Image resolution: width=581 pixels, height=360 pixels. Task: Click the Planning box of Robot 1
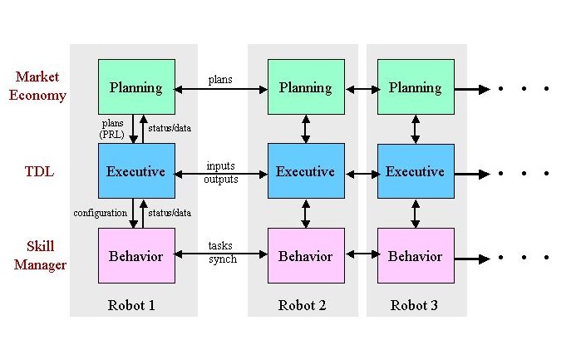tap(136, 87)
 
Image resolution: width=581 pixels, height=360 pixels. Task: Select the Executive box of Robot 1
tap(136, 171)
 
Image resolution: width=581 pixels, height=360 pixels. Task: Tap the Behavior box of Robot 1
tap(136, 255)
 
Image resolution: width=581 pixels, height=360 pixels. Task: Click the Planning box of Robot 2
tap(305, 87)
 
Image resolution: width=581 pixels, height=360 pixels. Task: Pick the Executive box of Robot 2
tap(305, 171)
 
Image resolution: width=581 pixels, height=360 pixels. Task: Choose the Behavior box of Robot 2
tap(305, 255)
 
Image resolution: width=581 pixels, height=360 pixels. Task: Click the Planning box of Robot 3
tap(416, 87)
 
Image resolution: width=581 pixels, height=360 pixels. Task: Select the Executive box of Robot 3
tap(416, 171)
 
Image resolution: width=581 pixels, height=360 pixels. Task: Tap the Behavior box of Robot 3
tap(416, 255)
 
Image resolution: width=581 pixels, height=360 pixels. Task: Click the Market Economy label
tap(37, 86)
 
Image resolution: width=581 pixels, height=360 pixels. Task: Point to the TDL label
tap(37, 172)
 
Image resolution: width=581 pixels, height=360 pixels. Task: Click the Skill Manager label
tap(37, 256)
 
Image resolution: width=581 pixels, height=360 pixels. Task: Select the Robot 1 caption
tap(131, 305)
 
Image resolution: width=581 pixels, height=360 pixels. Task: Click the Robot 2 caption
tap(302, 305)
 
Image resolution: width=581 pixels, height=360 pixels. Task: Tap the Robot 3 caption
tap(414, 305)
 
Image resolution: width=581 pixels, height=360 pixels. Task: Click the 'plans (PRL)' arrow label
tap(112, 128)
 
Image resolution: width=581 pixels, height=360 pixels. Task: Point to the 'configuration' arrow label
tap(100, 213)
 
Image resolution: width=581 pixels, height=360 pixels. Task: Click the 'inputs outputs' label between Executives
tap(222, 172)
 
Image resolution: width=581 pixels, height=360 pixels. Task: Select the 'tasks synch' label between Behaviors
tap(222, 254)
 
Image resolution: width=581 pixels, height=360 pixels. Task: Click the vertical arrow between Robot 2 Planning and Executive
tap(306, 129)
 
